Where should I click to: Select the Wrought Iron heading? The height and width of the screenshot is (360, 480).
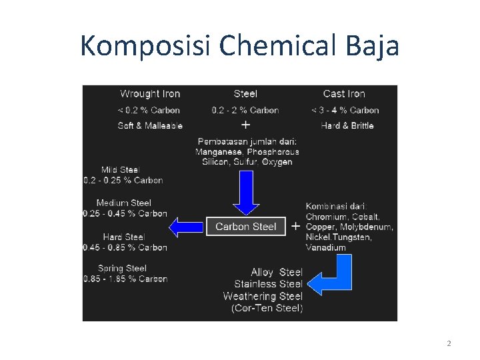[150, 94]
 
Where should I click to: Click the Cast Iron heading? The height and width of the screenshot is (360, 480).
[344, 94]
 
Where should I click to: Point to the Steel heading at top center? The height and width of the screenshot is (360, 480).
[245, 94]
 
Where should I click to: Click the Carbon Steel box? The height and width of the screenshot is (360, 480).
[245, 227]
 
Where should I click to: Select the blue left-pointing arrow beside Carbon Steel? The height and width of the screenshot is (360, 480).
[186, 227]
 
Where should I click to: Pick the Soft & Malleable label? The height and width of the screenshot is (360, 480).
[150, 125]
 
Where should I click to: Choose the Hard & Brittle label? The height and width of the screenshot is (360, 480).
[347, 125]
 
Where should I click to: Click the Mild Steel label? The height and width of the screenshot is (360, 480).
[121, 170]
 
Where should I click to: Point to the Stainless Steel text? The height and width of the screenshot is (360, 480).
[268, 284]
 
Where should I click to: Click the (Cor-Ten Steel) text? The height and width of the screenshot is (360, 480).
[267, 308]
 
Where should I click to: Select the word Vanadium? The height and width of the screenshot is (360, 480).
[326, 247]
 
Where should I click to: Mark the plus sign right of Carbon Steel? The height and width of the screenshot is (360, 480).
[295, 227]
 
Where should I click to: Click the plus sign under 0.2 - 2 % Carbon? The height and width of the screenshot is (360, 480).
[245, 125]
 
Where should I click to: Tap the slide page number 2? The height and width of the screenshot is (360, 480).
[449, 343]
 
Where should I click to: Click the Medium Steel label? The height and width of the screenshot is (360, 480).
[124, 203]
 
